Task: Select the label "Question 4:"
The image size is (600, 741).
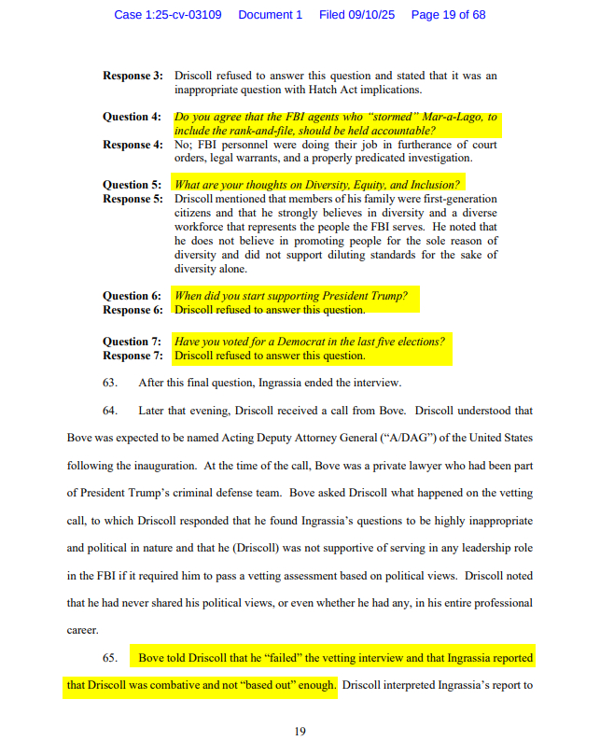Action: pos(133,118)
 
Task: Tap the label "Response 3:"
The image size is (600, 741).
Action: pos(133,76)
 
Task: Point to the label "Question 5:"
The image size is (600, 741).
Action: pos(133,185)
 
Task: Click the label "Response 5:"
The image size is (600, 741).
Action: pos(133,199)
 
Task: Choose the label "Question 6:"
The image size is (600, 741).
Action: pos(133,296)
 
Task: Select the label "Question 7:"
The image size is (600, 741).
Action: pos(133,342)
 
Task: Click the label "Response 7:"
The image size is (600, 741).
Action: pos(133,356)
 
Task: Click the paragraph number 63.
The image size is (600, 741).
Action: pos(110,383)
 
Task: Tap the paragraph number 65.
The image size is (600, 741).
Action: pos(110,658)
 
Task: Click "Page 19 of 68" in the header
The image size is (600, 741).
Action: pos(448,15)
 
